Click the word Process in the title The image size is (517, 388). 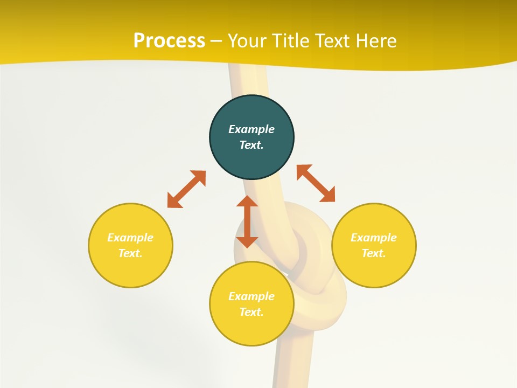pos(169,41)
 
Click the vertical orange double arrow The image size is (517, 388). pos(247,221)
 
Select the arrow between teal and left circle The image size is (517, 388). pos(186,189)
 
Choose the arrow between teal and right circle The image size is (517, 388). pos(316,183)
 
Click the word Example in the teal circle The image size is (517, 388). pos(251,129)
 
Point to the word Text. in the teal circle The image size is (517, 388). pos(251,145)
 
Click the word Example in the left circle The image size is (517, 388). pos(130,238)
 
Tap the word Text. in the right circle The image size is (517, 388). pos(374,253)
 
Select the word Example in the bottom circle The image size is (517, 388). pos(251,296)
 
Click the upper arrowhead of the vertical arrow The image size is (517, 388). pos(247,202)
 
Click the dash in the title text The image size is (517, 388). pos(216,41)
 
